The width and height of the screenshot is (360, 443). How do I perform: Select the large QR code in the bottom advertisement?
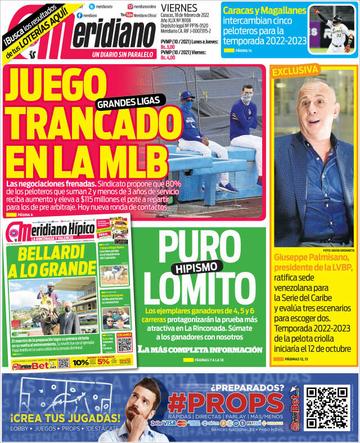(326, 406)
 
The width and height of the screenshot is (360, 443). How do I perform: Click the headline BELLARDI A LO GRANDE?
(52, 260)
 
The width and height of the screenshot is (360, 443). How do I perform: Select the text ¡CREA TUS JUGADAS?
(65, 418)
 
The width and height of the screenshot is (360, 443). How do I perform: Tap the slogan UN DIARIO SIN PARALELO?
(122, 54)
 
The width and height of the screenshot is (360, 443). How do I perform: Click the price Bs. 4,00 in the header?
(168, 57)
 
